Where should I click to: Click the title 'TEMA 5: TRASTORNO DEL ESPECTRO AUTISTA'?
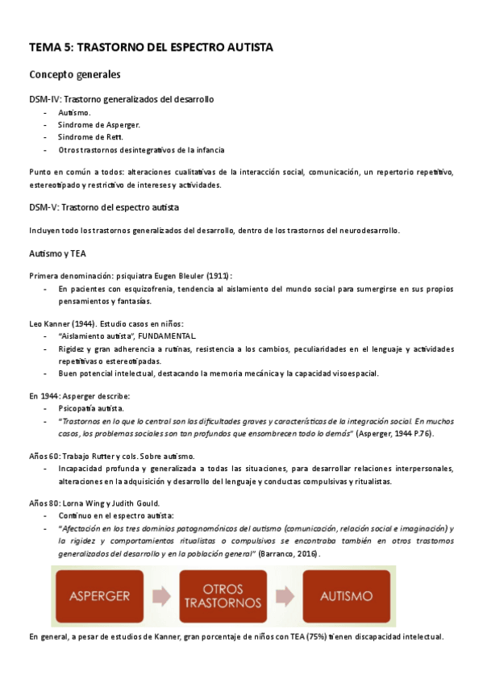coord(151,48)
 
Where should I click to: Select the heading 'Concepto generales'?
coord(75,75)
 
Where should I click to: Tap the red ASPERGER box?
coord(100,596)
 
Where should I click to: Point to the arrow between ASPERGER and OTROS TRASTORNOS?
coord(161,596)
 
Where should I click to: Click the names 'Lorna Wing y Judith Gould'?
coord(105,503)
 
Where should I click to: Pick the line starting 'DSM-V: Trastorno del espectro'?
coord(103,207)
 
